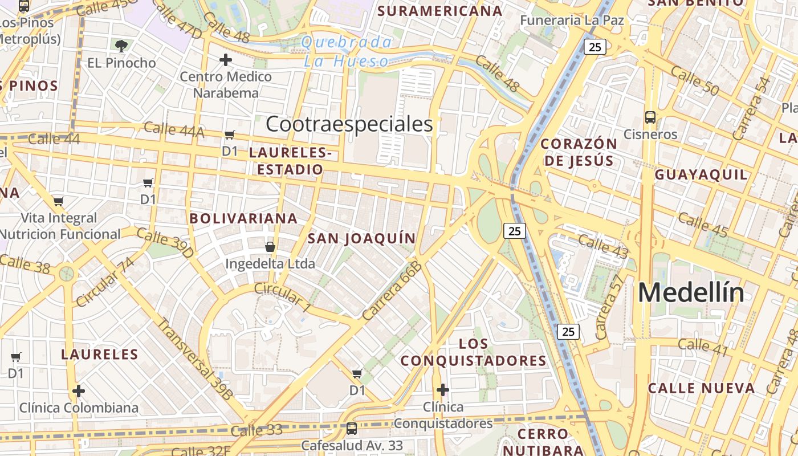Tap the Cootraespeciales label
click(x=349, y=124)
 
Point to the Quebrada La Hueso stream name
click(x=347, y=51)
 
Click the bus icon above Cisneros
click(x=650, y=117)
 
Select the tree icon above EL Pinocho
click(x=121, y=46)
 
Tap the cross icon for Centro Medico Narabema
click(x=226, y=59)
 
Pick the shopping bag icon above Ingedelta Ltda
click(x=270, y=247)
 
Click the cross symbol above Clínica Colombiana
click(x=79, y=391)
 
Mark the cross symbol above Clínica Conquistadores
click(x=442, y=390)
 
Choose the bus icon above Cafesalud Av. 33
click(x=352, y=428)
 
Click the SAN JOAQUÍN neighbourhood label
click(x=362, y=238)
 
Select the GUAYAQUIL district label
click(x=701, y=174)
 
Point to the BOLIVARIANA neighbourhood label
click(x=243, y=218)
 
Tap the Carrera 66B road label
click(x=392, y=291)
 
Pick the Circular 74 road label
click(x=105, y=282)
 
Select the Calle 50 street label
click(x=694, y=81)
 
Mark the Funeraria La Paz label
click(x=572, y=21)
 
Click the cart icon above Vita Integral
click(x=58, y=201)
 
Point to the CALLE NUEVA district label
click(x=701, y=388)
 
